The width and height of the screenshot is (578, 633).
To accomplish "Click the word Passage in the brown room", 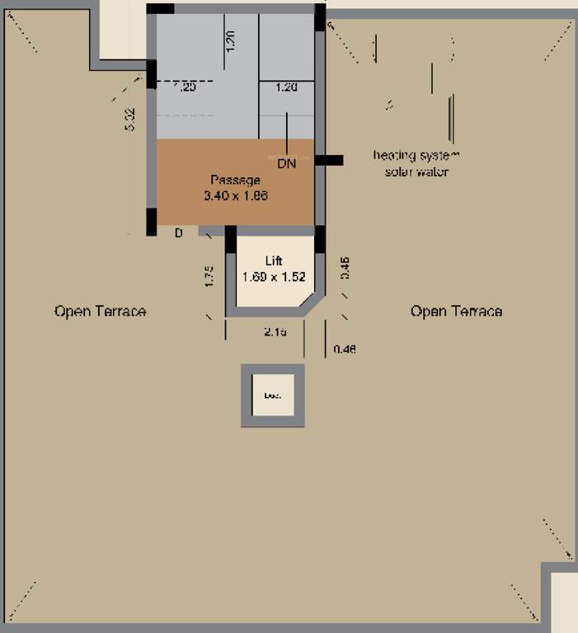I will coord(235,180).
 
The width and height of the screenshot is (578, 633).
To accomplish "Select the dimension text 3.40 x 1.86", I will coord(236,196).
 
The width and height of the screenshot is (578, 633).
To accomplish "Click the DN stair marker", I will coord(286,164).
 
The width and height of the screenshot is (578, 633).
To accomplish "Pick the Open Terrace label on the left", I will coord(100,312).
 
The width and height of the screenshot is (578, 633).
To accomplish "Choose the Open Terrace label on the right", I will coord(456,312).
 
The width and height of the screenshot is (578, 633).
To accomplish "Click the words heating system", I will coord(416,155).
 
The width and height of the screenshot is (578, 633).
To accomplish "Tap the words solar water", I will coord(416,172).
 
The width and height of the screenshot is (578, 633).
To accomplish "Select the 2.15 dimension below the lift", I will coord(275,331).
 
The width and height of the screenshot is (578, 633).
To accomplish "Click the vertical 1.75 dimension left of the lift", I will coord(210,276).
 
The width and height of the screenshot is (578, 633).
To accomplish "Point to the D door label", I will coord(177,234).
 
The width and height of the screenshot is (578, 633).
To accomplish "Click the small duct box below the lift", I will coord(272,396).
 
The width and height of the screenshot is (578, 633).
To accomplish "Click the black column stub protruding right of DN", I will coord(329,162).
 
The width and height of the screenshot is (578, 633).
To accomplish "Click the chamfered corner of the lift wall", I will coord(312,302).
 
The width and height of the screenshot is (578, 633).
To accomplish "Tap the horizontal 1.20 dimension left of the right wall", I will coord(286,87).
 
